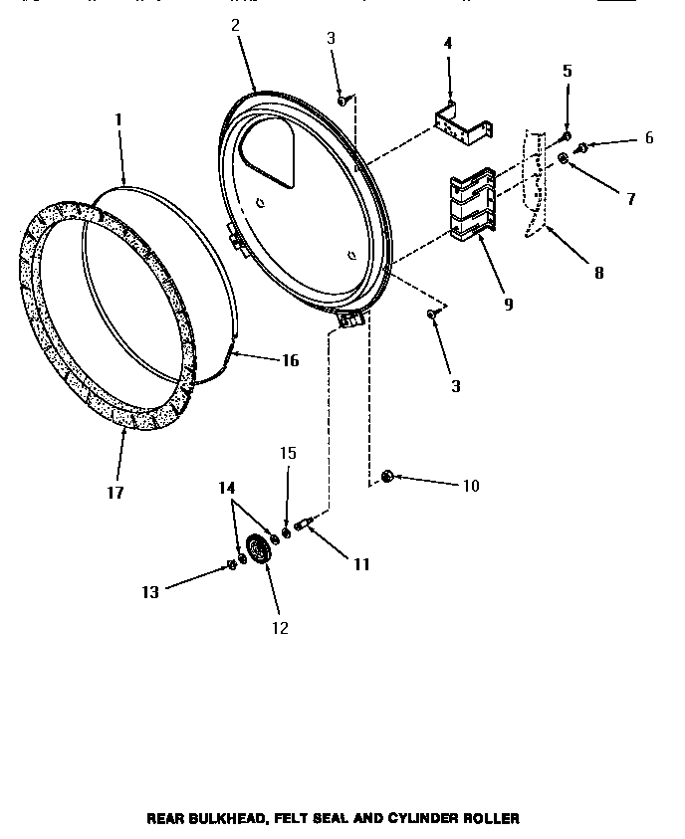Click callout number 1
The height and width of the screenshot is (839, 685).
click(117, 119)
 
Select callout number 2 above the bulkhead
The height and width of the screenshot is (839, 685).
click(235, 26)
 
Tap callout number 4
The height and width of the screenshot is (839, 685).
click(447, 44)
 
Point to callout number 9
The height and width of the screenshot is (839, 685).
click(508, 305)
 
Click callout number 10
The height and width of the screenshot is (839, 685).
click(470, 486)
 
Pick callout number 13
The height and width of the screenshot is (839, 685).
click(149, 592)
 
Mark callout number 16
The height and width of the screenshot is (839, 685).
click(290, 360)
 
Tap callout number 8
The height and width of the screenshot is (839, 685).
click(598, 272)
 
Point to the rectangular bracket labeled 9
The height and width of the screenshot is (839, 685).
click(472, 206)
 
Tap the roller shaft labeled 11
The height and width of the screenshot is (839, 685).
click(303, 523)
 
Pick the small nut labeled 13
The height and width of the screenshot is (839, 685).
click(231, 565)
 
